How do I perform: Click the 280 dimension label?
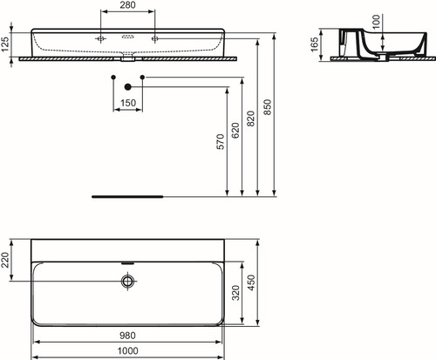pos(127,5)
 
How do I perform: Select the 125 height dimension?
pos(5,44)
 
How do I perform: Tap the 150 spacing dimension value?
pos(128,103)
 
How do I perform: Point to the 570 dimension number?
pos(221,142)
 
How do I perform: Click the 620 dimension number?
pos(235,131)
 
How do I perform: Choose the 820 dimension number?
pos(250,119)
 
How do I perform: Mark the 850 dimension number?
pos(267,107)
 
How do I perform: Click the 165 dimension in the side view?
pos(315,44)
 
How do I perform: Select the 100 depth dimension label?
pos(376,22)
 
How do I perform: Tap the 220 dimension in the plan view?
pos(5,260)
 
